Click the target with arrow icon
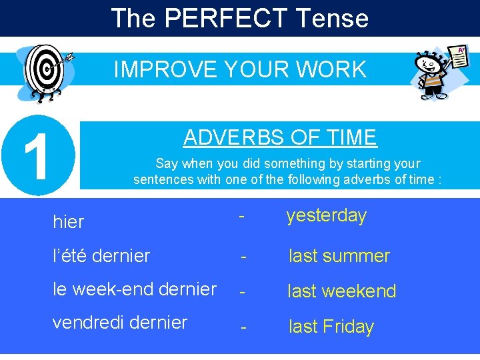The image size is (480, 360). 47,72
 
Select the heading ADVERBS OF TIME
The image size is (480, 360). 280,137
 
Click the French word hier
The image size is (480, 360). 69,222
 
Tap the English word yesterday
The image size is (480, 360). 326,216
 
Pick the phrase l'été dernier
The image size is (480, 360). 101,255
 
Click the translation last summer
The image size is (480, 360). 339,256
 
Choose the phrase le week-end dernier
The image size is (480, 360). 135,289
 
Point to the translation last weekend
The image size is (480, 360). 341,291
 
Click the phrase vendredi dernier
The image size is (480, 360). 120,323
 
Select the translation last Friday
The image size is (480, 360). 331,327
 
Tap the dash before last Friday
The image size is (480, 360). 245,327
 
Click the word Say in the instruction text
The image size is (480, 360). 167,163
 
